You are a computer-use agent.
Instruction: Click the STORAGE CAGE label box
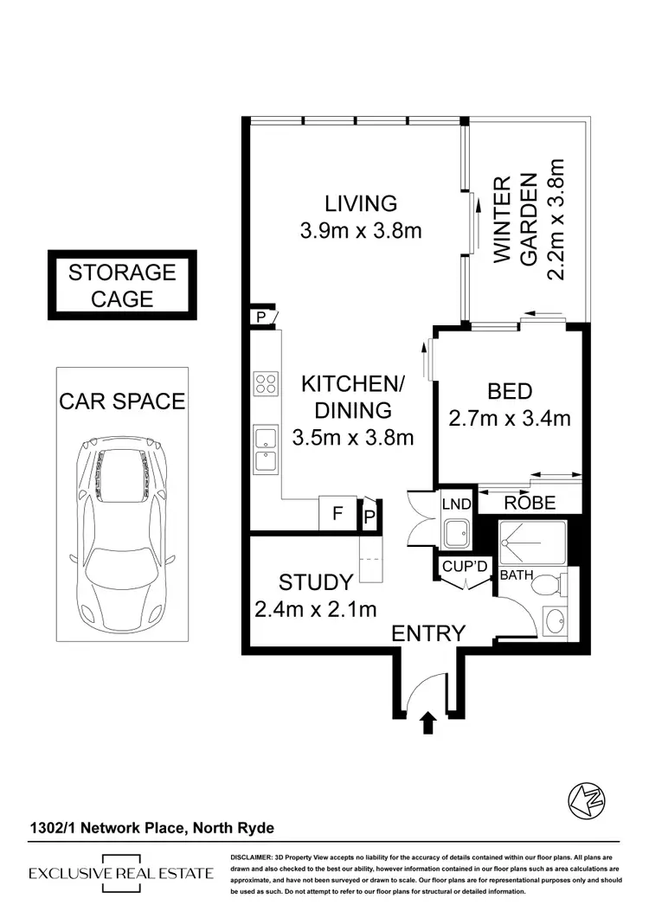(x=122, y=286)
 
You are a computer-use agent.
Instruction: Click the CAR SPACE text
(x=121, y=401)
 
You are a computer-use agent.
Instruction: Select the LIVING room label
(x=361, y=203)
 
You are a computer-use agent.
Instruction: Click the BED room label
(x=510, y=392)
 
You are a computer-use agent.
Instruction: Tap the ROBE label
(x=530, y=503)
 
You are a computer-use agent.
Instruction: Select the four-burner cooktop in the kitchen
(x=265, y=383)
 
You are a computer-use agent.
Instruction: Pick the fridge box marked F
(x=337, y=512)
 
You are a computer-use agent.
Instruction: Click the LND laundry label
(x=455, y=503)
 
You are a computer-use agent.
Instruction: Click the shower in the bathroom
(x=532, y=542)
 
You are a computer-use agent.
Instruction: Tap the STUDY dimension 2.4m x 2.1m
(x=316, y=609)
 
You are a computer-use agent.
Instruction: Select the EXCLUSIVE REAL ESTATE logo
(x=121, y=873)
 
